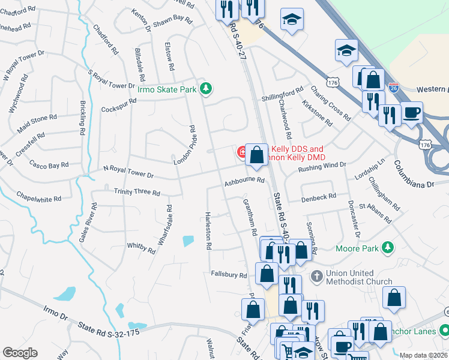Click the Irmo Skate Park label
click(x=167, y=89)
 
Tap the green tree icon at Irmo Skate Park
click(x=206, y=89)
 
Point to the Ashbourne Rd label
click(x=244, y=180)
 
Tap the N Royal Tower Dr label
click(x=128, y=172)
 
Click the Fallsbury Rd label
click(x=229, y=275)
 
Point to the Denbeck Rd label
click(x=318, y=197)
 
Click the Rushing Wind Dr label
click(x=322, y=166)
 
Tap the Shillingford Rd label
click(x=282, y=94)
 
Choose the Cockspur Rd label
click(x=119, y=105)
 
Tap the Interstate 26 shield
click(x=393, y=88)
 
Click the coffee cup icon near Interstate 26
click(x=412, y=112)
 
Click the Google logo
click(x=20, y=353)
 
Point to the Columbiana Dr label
click(x=414, y=174)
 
